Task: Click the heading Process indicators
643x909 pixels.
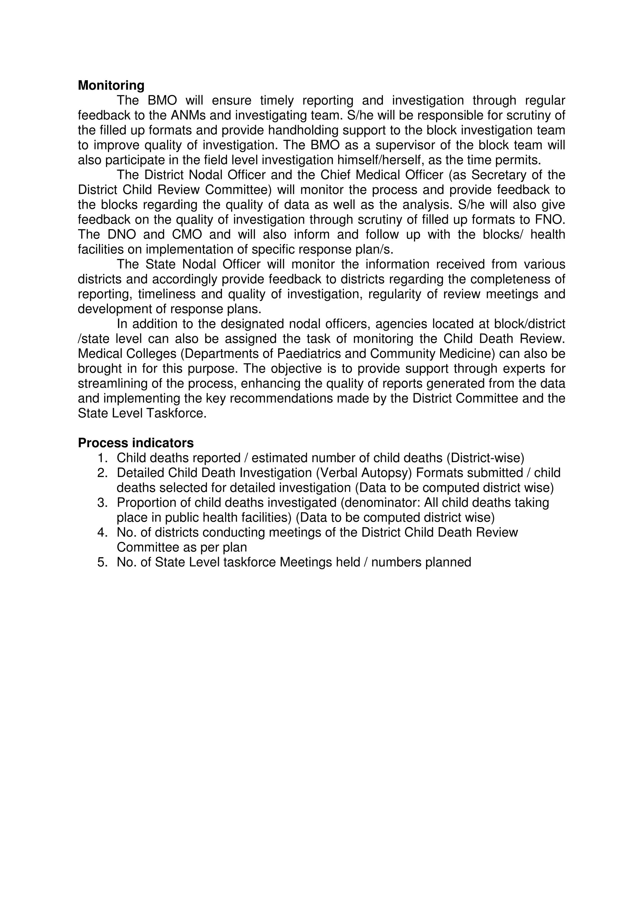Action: coord(136,443)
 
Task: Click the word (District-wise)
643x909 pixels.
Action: coord(485,458)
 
